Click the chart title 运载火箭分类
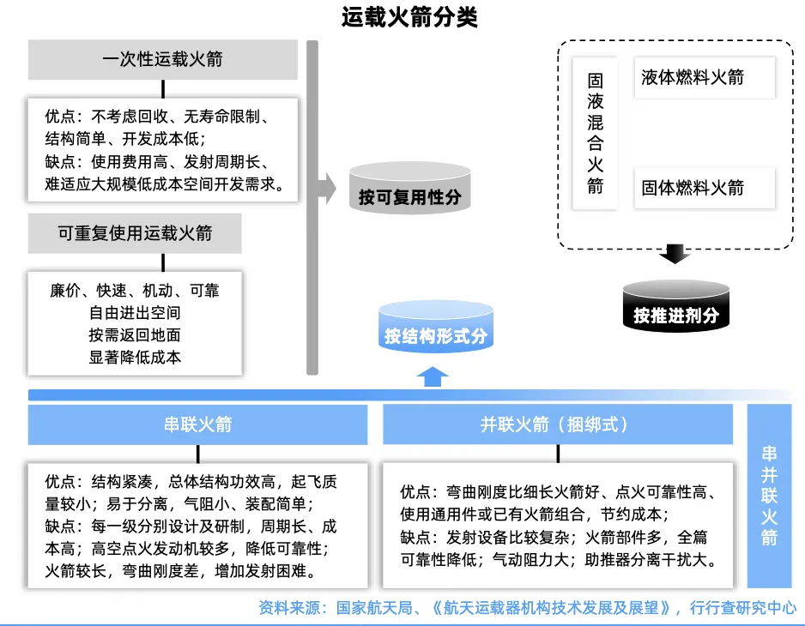(x=402, y=17)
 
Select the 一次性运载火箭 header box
(x=162, y=60)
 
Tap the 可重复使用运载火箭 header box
(x=135, y=233)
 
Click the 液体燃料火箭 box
(x=704, y=78)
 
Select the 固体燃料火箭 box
(x=704, y=188)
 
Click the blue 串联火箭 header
(x=198, y=424)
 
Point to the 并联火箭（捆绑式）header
(x=557, y=424)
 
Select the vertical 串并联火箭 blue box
(x=769, y=495)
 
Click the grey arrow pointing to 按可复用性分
(x=326, y=188)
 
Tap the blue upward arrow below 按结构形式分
(x=433, y=376)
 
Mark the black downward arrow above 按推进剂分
(x=676, y=253)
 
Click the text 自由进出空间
(x=135, y=313)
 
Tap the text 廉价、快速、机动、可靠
(x=135, y=291)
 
